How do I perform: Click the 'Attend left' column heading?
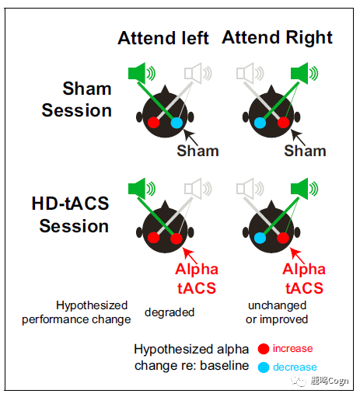(163, 38)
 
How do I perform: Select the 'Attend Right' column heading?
(277, 37)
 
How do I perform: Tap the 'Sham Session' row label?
(77, 99)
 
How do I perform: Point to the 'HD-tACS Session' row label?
(70, 214)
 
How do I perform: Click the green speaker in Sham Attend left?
(142, 73)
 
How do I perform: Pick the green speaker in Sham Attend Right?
(304, 73)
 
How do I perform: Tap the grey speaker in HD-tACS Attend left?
(198, 189)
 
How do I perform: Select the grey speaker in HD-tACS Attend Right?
(250, 189)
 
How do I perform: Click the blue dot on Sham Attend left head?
(177, 123)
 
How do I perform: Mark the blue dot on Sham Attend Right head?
(260, 123)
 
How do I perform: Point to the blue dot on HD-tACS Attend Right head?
(260, 238)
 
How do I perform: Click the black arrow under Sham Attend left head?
(190, 138)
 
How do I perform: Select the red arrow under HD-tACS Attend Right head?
(297, 256)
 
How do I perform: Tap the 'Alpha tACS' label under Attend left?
(197, 278)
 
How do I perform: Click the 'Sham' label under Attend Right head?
(305, 151)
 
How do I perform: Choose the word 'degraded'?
(170, 312)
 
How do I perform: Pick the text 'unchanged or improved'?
(277, 312)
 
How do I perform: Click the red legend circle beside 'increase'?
(264, 349)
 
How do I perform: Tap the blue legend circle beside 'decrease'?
(264, 367)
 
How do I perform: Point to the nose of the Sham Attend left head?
(165, 89)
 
